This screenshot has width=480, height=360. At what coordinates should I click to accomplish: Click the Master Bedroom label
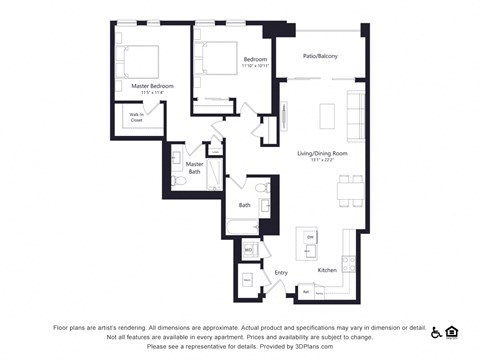(152, 87)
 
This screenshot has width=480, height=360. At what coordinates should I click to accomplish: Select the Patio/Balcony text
(320, 56)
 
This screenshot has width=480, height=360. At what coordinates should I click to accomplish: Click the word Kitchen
(327, 270)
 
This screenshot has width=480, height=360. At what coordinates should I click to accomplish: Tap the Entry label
(281, 272)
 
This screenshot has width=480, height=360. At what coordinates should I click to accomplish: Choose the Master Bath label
(194, 167)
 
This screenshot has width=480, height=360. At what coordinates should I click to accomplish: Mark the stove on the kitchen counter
(350, 264)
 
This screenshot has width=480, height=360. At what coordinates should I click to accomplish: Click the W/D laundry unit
(248, 249)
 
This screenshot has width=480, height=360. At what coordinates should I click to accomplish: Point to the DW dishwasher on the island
(310, 236)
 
